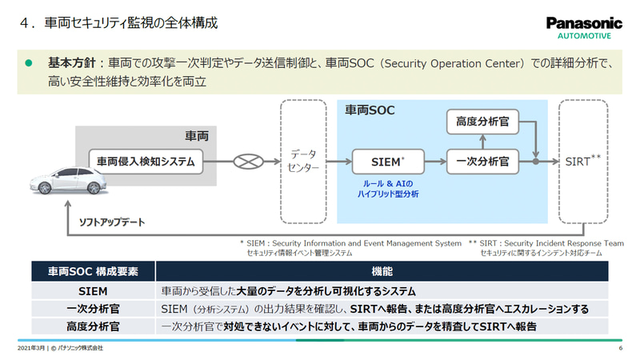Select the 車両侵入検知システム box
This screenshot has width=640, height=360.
pyautogui.click(x=146, y=161)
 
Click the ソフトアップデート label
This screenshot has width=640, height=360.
pyautogui.click(x=112, y=222)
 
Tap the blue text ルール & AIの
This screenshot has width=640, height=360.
pyautogui.click(x=390, y=183)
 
